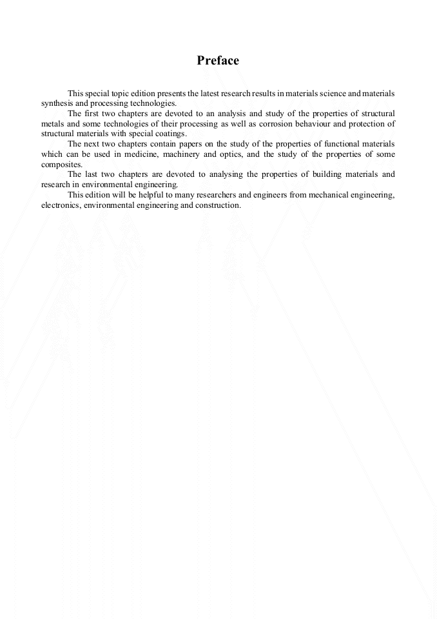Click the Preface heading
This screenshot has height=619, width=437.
coord(218,61)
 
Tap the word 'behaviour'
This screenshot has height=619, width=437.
coord(305,124)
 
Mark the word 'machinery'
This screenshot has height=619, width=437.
coord(184,154)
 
